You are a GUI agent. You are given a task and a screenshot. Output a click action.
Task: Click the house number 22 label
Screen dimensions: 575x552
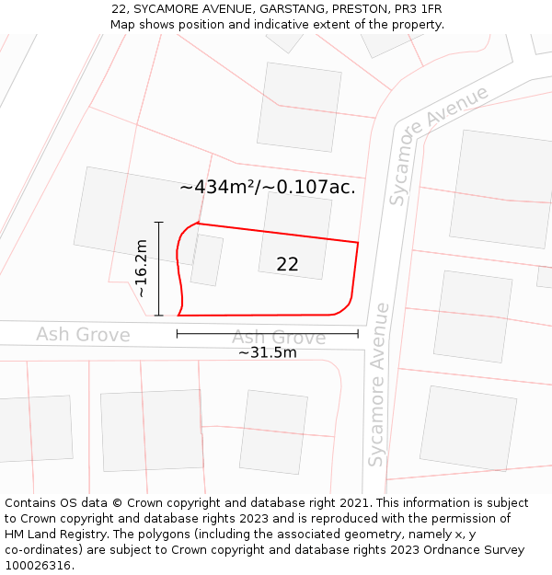click(x=287, y=264)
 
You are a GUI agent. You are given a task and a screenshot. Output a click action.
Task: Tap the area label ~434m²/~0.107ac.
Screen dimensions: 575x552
click(x=268, y=187)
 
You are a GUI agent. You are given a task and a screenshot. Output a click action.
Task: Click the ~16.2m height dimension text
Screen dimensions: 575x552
click(x=142, y=268)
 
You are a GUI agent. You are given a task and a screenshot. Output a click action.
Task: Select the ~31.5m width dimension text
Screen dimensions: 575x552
click(x=268, y=352)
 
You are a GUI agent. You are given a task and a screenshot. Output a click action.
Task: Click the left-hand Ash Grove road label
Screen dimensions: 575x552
click(x=83, y=334)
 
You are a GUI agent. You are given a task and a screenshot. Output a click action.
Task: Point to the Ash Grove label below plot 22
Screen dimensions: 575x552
click(x=279, y=338)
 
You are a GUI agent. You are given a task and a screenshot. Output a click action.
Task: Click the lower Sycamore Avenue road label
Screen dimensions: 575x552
click(x=377, y=385)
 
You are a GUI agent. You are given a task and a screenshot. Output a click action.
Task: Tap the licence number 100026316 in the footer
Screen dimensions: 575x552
click(x=38, y=566)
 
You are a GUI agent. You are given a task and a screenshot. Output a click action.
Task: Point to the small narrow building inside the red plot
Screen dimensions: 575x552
click(x=207, y=259)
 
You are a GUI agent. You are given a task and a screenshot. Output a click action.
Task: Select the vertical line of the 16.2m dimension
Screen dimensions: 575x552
click(x=159, y=269)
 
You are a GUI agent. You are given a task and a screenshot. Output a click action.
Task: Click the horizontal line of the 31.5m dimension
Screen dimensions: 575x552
click(x=268, y=334)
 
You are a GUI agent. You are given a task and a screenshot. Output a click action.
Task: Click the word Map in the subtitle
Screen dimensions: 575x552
click(x=123, y=25)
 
